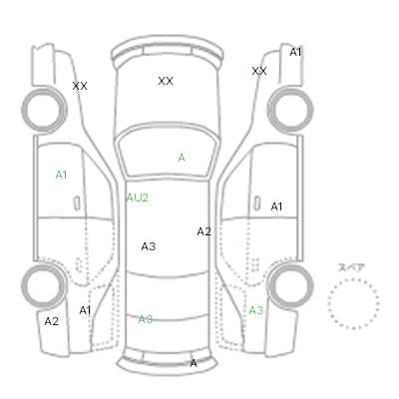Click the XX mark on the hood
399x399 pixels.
click(x=166, y=81)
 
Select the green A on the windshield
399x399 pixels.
click(x=182, y=158)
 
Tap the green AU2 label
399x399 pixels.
click(x=137, y=198)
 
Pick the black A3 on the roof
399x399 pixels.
click(x=149, y=246)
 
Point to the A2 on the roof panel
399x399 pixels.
click(x=203, y=231)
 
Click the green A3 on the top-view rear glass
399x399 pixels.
click(x=146, y=319)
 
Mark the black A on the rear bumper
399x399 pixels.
click(x=194, y=363)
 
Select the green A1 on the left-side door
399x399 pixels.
click(x=61, y=175)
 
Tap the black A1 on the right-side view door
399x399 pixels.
click(x=276, y=206)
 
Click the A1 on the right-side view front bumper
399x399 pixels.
click(x=295, y=52)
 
